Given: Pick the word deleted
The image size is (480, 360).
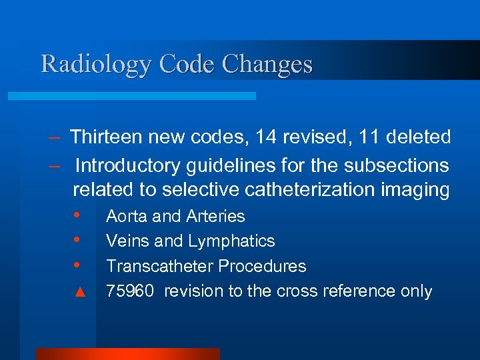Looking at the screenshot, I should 419,137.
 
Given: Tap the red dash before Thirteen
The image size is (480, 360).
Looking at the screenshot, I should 56,137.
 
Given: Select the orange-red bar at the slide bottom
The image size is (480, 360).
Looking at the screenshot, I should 127,354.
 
